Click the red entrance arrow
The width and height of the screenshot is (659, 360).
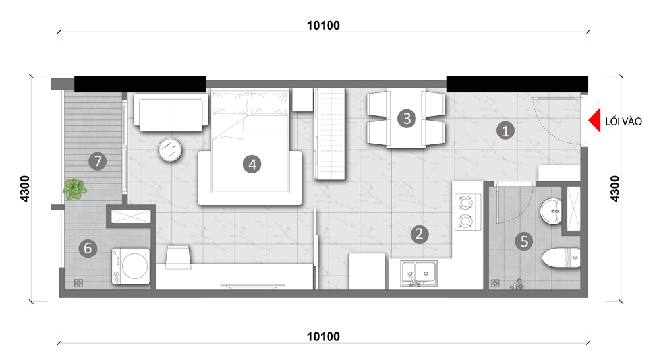click(x=595, y=120)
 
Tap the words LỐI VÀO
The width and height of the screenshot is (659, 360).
click(x=623, y=121)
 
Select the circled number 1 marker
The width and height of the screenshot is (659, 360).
click(x=505, y=131)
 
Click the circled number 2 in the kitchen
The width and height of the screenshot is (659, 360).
click(x=419, y=234)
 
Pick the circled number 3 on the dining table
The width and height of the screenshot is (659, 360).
click(x=407, y=119)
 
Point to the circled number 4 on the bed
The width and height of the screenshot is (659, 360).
click(x=252, y=164)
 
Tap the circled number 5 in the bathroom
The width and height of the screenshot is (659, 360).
click(x=524, y=241)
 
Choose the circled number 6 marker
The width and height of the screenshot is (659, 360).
click(x=88, y=248)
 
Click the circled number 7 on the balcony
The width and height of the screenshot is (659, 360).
click(x=98, y=161)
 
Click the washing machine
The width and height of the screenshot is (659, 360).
click(x=130, y=266)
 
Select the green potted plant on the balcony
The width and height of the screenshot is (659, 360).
click(x=74, y=189)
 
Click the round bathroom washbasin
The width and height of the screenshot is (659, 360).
click(x=551, y=212)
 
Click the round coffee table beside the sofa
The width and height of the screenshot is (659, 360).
click(x=170, y=150)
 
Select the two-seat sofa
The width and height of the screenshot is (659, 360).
click(x=171, y=112)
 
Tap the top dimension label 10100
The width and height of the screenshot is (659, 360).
click(x=323, y=26)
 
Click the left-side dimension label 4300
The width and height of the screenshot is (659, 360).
click(x=25, y=189)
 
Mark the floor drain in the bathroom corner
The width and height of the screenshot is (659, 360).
click(x=495, y=284)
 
